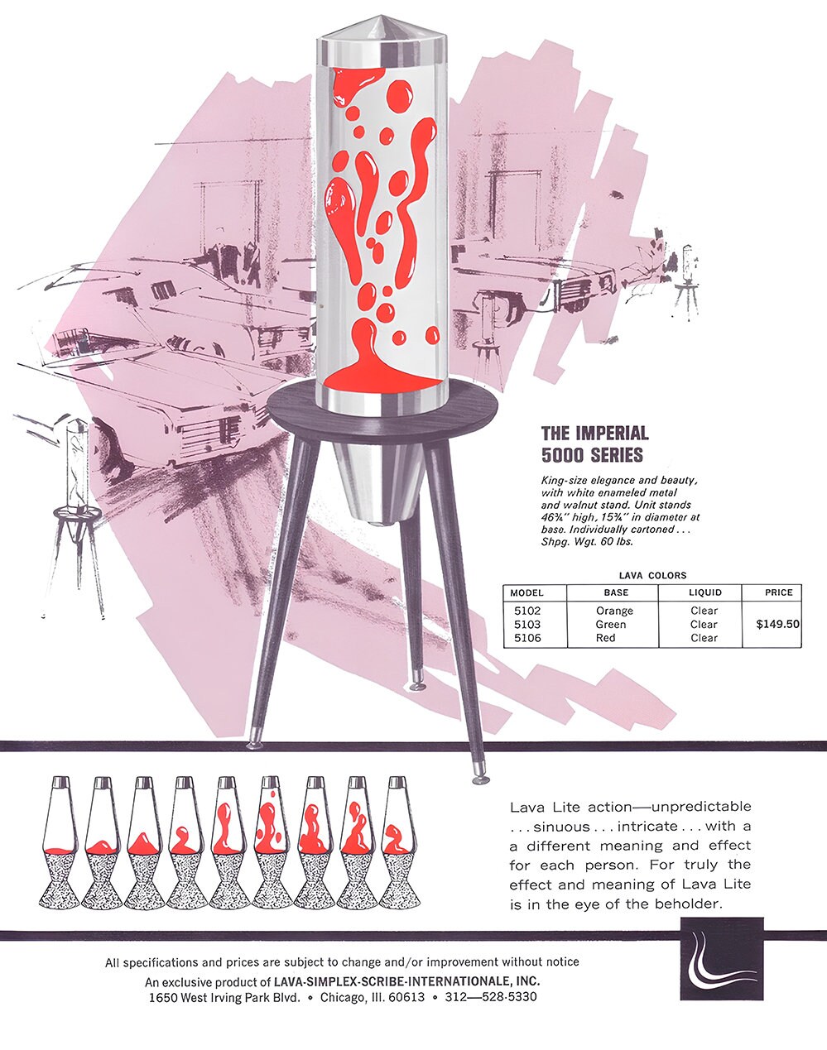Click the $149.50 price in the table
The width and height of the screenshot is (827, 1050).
coord(777,624)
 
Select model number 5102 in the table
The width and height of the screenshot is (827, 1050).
coord(527,611)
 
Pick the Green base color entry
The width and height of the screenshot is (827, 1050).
coord(611,625)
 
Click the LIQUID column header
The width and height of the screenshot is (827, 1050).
coord(704,592)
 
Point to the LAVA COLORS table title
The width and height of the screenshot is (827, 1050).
coord(652,575)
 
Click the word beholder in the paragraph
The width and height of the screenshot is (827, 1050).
coord(686,904)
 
